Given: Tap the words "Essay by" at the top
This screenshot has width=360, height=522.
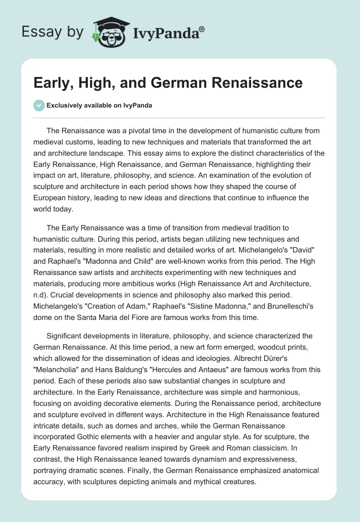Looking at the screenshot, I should tap(53, 31).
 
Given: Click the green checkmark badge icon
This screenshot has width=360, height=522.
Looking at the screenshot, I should tap(39, 105).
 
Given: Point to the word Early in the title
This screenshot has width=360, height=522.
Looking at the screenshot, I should tap(51, 83).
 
